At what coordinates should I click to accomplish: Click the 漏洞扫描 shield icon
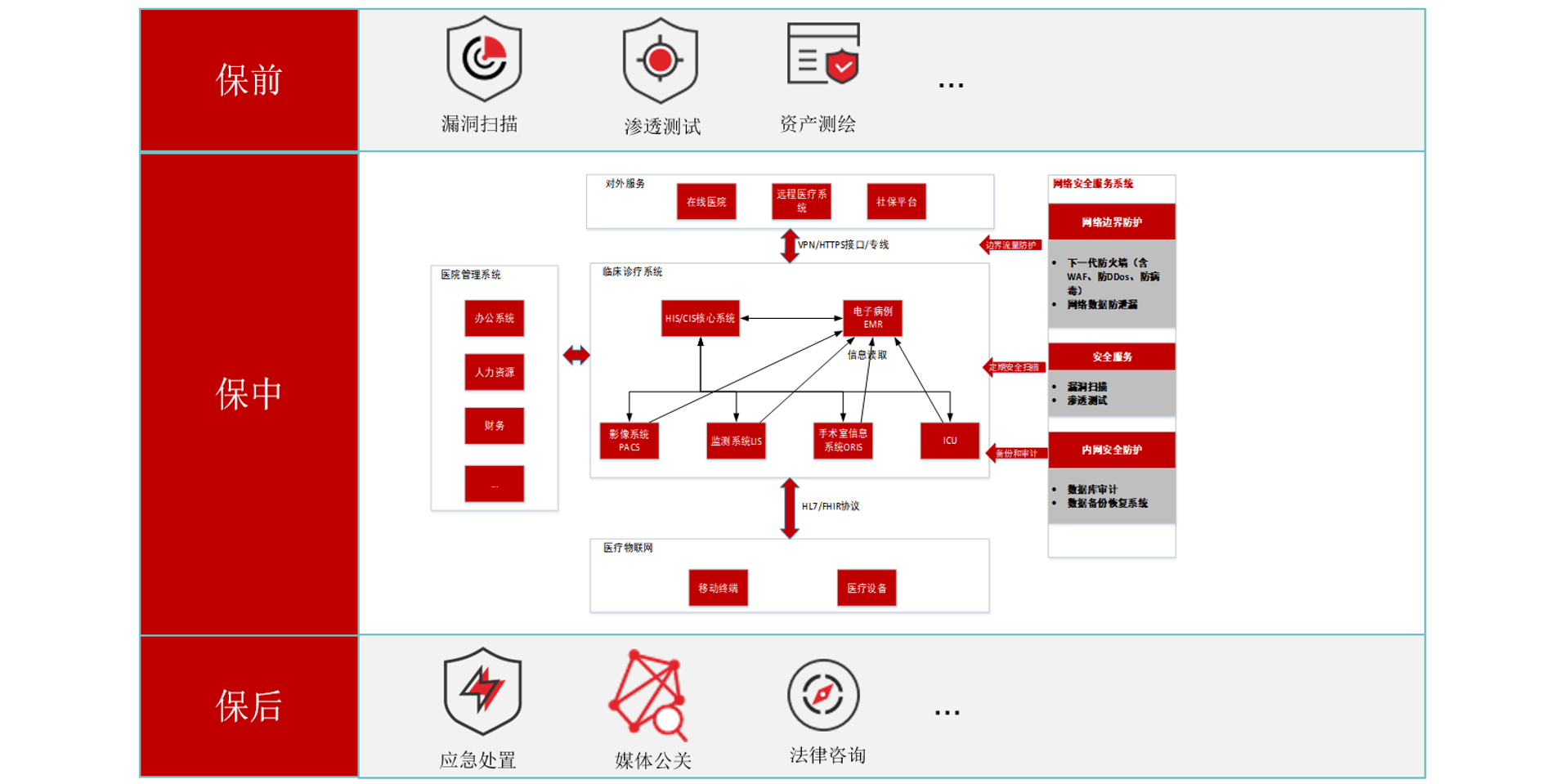pyautogui.click(x=484, y=59)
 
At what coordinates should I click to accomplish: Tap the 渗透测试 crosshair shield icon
pyautogui.click(x=660, y=60)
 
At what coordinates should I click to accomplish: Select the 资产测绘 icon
pyautogui.click(x=823, y=54)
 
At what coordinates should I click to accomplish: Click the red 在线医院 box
pyautogui.click(x=706, y=202)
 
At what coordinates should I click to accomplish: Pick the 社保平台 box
pyautogui.click(x=896, y=202)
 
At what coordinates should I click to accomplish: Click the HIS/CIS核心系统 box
pyautogui.click(x=700, y=318)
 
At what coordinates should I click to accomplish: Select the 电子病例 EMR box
pyautogui.click(x=872, y=318)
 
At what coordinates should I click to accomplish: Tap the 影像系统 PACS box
pyautogui.click(x=629, y=441)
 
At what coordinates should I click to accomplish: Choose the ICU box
pyautogui.click(x=949, y=441)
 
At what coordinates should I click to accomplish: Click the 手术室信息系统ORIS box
pyautogui.click(x=843, y=441)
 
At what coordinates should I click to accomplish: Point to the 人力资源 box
pyautogui.click(x=494, y=372)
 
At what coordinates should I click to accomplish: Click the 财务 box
pyautogui.click(x=494, y=426)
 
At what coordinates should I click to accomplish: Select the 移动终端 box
pyautogui.click(x=718, y=588)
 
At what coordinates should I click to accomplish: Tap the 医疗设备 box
pyautogui.click(x=867, y=588)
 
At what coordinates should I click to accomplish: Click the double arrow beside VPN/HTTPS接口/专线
pyautogui.click(x=789, y=245)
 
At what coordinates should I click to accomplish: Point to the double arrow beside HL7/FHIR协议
pyautogui.click(x=789, y=508)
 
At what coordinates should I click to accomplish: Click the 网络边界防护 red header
pyautogui.click(x=1112, y=222)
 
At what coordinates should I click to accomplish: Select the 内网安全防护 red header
pyautogui.click(x=1112, y=450)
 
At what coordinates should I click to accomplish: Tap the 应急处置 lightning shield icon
pyautogui.click(x=482, y=691)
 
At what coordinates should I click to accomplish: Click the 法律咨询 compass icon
pyautogui.click(x=823, y=695)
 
